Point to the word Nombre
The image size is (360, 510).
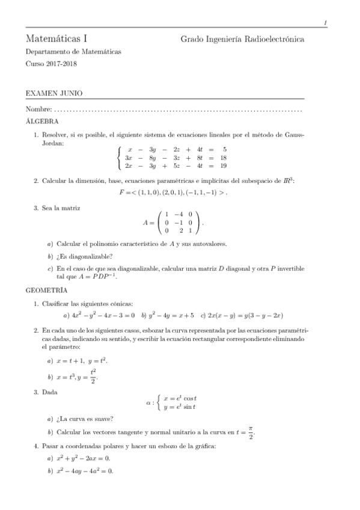click(38, 110)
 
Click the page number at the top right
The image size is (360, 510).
click(325, 23)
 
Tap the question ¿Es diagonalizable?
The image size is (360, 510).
click(83, 256)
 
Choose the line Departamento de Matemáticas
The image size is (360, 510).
click(73, 52)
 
